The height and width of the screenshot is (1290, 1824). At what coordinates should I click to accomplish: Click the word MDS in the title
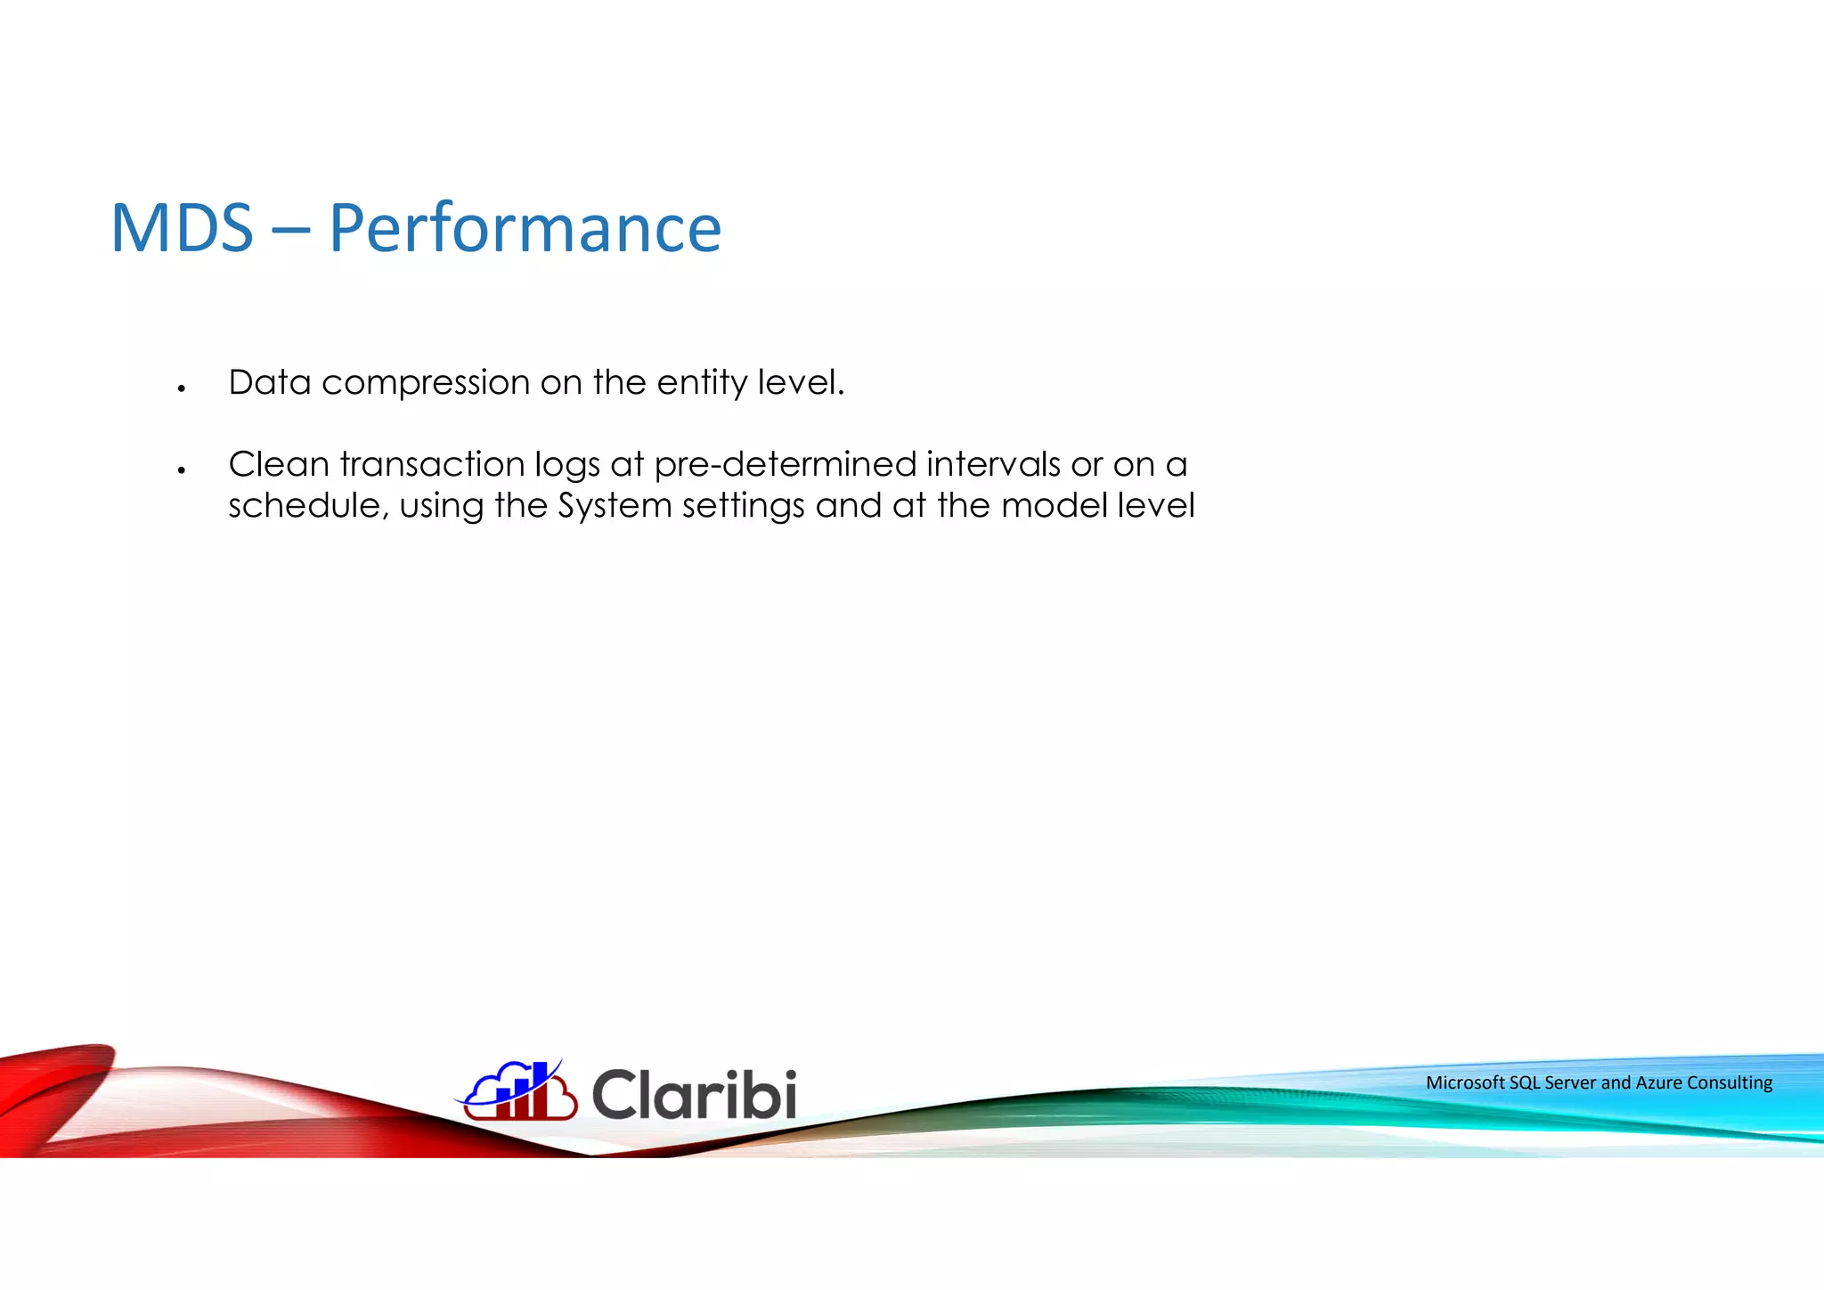(x=182, y=229)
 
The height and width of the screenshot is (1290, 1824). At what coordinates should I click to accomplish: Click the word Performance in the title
(x=525, y=229)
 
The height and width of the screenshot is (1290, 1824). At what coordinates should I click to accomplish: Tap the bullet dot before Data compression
(x=181, y=388)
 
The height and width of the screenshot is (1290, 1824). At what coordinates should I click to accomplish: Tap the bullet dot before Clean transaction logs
(x=181, y=470)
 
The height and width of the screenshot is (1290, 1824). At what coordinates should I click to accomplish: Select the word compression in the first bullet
(x=425, y=384)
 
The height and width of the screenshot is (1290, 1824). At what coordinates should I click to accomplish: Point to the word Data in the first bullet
(x=269, y=382)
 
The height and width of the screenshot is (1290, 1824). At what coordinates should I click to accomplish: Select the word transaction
(x=431, y=464)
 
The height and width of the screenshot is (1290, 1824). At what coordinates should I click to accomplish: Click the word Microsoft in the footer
(x=1465, y=1082)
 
